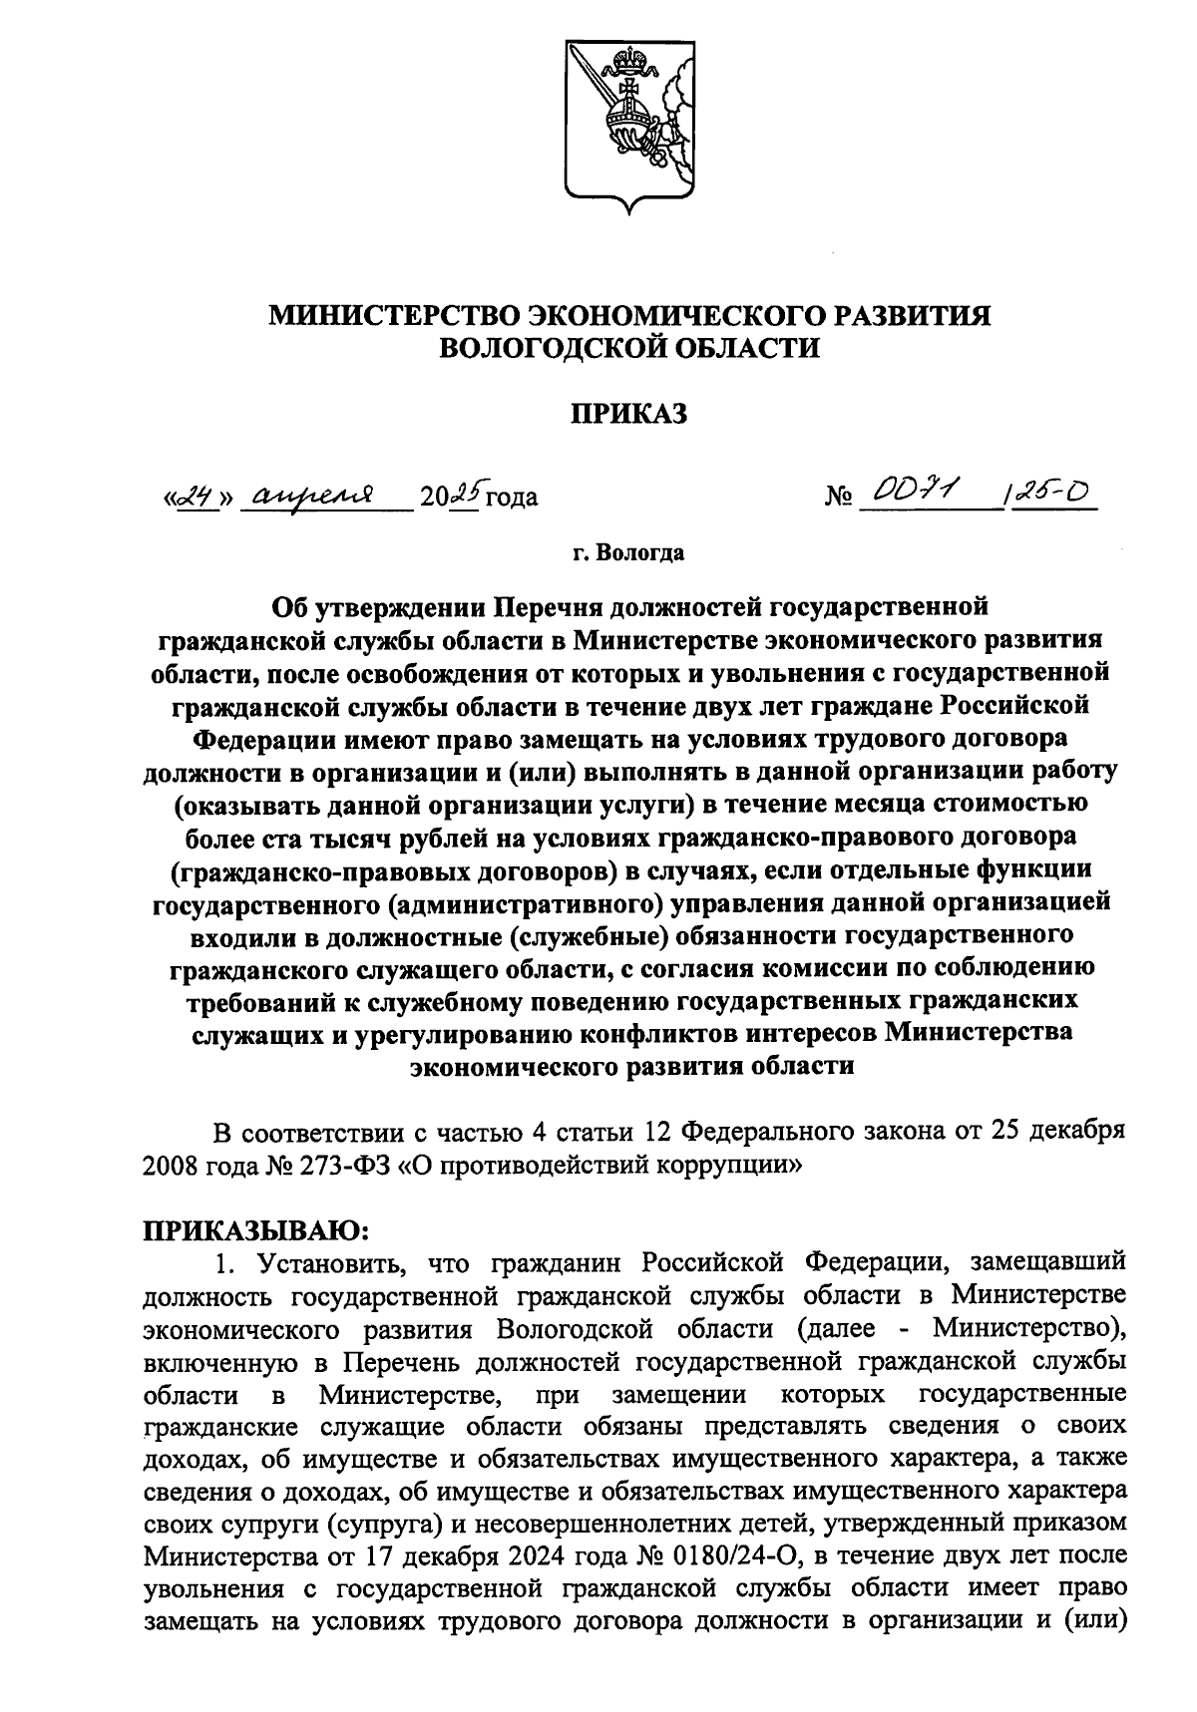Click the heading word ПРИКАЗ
click(x=629, y=414)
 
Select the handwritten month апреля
click(x=314, y=493)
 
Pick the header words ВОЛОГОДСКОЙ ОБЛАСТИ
click(x=629, y=349)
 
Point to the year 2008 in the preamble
click(x=175, y=1164)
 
